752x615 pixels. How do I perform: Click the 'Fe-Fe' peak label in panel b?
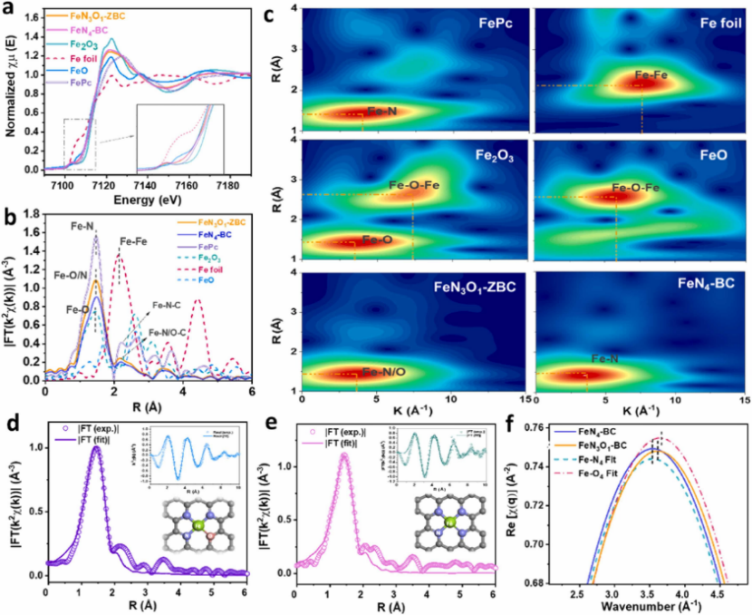pos(136,241)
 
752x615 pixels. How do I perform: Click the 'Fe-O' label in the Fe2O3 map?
pos(381,240)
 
